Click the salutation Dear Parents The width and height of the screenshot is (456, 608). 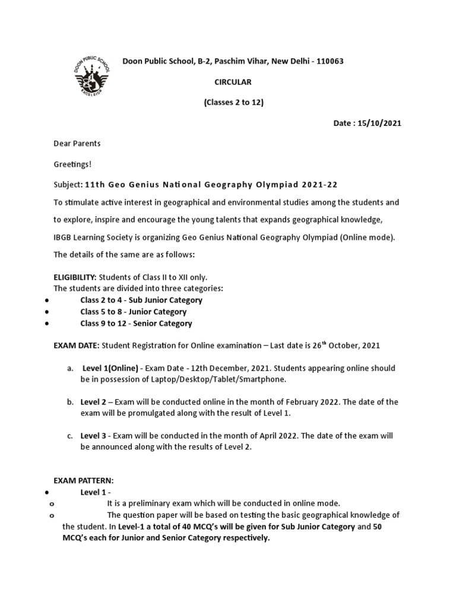77,143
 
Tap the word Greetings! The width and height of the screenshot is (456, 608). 71,163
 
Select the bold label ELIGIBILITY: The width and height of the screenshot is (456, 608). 75,277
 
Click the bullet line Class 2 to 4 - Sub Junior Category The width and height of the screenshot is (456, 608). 141,300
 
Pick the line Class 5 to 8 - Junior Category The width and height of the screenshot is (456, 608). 134,312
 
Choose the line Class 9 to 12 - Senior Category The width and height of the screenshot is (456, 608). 136,324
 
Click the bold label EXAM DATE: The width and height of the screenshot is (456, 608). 77,345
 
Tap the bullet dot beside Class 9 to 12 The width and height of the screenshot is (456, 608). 46,324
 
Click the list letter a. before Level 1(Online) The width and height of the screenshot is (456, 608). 70,369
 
